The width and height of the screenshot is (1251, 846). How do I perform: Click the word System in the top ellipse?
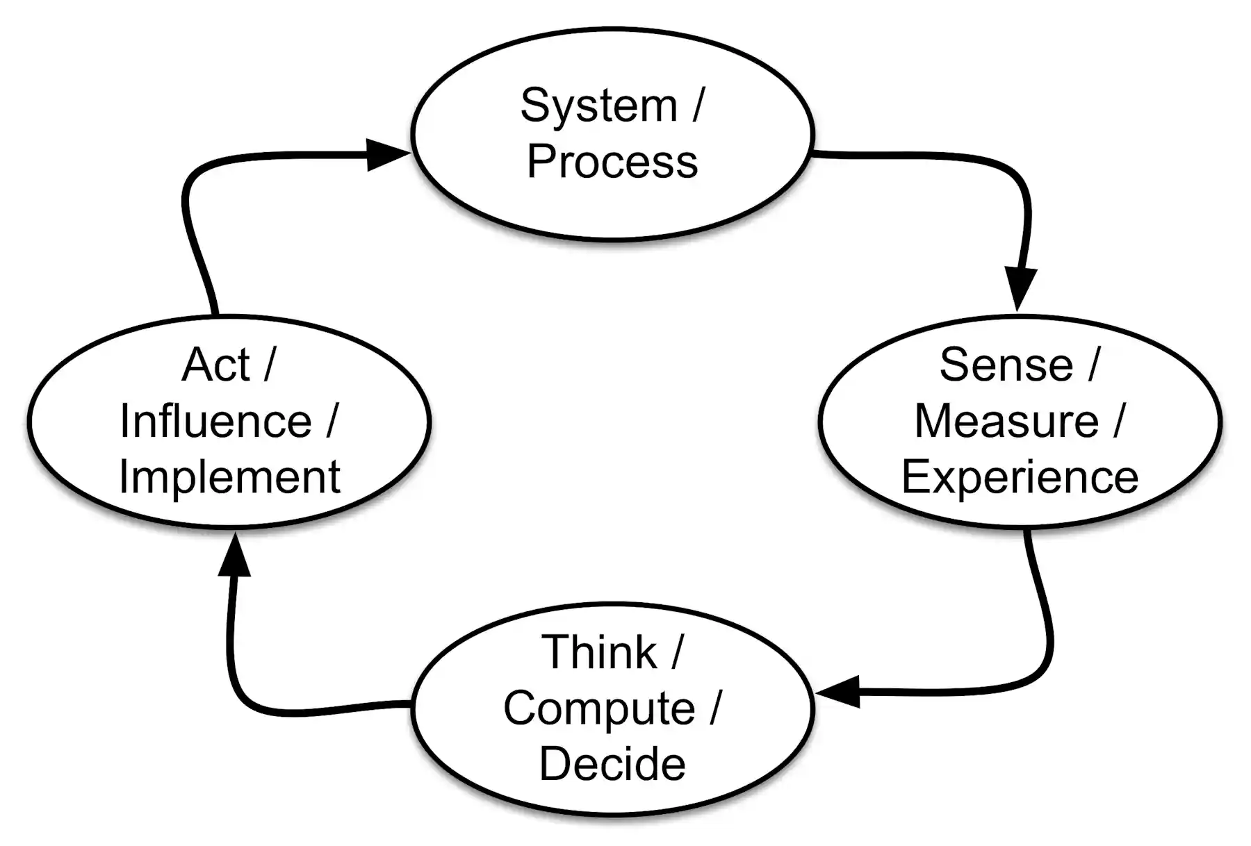tap(598, 106)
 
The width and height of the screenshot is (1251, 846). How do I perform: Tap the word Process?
tap(612, 162)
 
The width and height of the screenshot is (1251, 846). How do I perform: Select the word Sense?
tap(1006, 365)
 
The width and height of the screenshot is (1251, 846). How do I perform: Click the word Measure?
tap(1006, 421)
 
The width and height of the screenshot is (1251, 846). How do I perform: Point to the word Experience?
tap(1020, 477)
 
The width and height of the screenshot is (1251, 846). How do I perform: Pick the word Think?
tap(598, 652)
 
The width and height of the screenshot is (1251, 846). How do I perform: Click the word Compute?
tap(598, 709)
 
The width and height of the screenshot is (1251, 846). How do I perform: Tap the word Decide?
tap(612, 764)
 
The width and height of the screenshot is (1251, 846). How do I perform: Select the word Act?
tap(215, 365)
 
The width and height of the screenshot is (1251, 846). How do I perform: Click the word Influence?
tap(215, 421)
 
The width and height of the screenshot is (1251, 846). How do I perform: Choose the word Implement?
tap(229, 477)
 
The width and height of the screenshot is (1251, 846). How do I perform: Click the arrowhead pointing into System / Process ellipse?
tap(386, 154)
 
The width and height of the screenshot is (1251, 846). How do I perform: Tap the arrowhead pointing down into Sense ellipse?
tap(1020, 287)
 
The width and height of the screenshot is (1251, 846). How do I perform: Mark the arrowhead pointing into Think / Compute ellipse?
tap(839, 692)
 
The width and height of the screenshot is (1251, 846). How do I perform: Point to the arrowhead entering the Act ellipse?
tap(235, 556)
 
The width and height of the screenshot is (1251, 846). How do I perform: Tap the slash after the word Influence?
tap(332, 421)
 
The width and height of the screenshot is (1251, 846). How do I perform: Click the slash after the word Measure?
tap(1118, 421)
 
